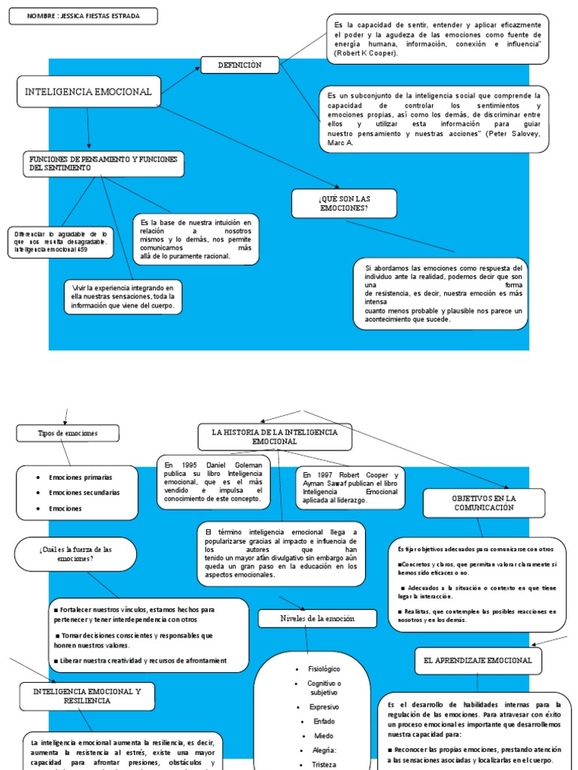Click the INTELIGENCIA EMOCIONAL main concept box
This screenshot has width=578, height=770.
click(x=89, y=92)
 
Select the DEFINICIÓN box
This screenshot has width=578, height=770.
click(x=239, y=65)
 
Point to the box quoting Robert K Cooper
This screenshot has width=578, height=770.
click(x=438, y=38)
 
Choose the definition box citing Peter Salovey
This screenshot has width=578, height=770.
click(x=433, y=119)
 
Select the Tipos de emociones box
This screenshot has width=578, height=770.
click(x=68, y=434)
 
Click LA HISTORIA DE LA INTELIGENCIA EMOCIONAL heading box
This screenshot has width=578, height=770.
click(x=275, y=437)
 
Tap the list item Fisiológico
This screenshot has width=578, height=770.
click(x=324, y=668)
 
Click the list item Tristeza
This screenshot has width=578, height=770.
click(x=324, y=763)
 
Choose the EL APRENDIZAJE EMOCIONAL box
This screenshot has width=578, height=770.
click(x=478, y=660)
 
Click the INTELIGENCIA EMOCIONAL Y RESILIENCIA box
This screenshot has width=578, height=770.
click(x=87, y=696)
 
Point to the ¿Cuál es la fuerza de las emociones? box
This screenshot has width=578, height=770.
click(x=75, y=554)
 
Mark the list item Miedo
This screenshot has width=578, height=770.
click(x=324, y=735)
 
